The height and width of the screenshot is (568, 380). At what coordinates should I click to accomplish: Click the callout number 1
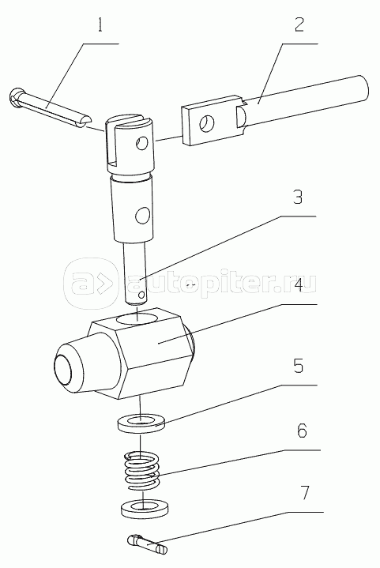(100, 25)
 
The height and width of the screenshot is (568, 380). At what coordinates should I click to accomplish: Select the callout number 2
(299, 24)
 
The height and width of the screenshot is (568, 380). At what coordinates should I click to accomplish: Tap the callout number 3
(297, 197)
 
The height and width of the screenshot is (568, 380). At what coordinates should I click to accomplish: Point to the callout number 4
(298, 285)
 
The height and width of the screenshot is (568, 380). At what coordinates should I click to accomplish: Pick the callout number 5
(298, 367)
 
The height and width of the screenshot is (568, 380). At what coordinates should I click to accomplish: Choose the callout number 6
(301, 431)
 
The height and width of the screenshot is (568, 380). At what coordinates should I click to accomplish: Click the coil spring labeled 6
(143, 471)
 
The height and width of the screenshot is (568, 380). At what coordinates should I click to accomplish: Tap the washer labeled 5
(141, 423)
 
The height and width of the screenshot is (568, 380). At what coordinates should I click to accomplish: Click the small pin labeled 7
(148, 544)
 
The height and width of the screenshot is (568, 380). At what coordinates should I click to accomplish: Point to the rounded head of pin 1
(16, 97)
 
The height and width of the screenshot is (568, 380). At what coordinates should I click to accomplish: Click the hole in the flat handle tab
(207, 122)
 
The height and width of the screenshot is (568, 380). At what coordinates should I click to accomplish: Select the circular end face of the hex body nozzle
(63, 369)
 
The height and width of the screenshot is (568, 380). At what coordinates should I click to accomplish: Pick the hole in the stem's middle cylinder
(142, 215)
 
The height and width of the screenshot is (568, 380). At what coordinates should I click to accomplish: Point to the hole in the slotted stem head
(141, 144)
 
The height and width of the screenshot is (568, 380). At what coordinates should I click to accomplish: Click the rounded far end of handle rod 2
(363, 88)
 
